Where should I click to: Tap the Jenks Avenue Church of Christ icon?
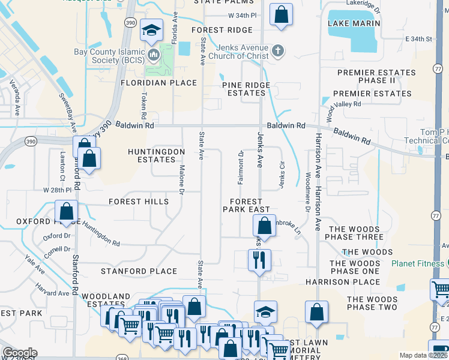(x=277, y=51)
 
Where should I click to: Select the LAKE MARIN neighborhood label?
(x=354, y=23)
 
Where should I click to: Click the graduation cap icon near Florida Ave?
(x=152, y=30)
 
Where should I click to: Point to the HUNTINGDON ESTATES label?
(x=156, y=156)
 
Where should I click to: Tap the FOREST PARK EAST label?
(x=243, y=206)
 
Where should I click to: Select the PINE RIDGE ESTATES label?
(x=246, y=89)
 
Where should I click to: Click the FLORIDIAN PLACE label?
(x=158, y=83)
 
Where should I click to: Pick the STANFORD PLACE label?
(x=139, y=271)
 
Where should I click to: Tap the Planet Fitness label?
(x=417, y=263)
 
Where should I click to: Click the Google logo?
(x=20, y=353)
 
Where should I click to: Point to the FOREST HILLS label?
(x=139, y=202)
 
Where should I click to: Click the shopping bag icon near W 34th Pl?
(x=281, y=14)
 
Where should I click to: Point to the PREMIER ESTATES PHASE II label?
(x=376, y=76)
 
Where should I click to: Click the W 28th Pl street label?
(x=57, y=190)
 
